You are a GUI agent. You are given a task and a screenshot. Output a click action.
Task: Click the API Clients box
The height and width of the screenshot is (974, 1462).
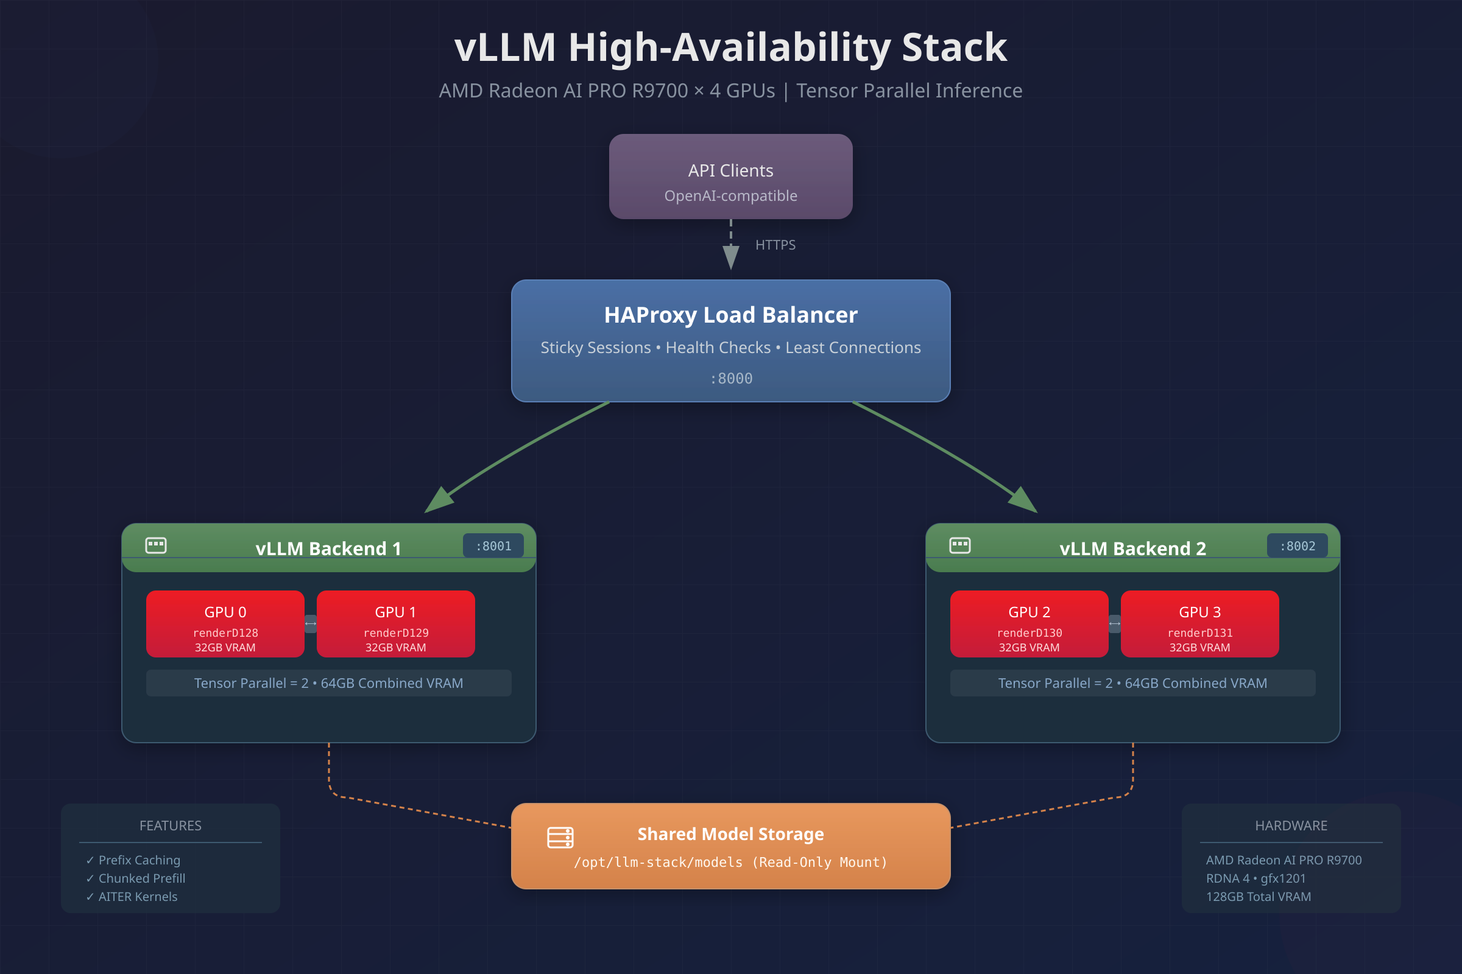coord(730,177)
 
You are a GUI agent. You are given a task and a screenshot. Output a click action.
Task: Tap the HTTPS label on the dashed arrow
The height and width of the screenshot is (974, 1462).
coord(775,245)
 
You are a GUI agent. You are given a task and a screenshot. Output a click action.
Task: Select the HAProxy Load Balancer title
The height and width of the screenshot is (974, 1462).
coord(730,315)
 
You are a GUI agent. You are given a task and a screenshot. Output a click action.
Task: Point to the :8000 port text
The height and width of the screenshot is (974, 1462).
coord(731,378)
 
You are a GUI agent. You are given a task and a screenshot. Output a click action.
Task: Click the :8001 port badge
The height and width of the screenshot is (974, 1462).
coord(493,546)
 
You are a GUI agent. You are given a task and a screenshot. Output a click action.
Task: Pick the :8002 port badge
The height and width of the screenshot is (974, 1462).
coord(1298,546)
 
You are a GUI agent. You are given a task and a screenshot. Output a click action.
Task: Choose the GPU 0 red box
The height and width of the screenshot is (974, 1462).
coord(225,623)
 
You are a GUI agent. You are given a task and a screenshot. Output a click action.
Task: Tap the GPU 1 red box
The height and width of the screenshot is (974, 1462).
coord(395,623)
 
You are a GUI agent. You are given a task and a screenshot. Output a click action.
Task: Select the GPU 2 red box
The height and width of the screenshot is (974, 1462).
coord(1029,623)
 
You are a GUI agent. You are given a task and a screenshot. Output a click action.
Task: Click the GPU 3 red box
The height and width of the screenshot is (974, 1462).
coord(1199,623)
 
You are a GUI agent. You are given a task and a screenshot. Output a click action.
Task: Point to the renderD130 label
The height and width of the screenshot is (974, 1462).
coord(1029,633)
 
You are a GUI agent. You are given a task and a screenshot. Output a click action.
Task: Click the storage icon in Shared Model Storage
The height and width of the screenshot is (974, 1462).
coord(560,838)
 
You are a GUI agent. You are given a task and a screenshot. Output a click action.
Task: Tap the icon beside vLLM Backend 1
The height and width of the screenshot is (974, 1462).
coord(156,545)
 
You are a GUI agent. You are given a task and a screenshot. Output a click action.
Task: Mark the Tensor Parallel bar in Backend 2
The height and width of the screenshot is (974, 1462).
coord(1132,683)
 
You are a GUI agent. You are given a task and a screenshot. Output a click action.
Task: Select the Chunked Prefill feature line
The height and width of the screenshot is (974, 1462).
coord(142,878)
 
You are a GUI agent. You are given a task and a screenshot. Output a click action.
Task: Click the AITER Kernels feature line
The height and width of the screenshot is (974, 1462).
coord(138,896)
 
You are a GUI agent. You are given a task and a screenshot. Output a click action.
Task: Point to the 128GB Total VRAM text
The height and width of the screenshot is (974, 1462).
coord(1258,896)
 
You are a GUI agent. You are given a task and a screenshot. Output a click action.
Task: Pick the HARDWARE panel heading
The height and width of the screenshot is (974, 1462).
coord(1291,825)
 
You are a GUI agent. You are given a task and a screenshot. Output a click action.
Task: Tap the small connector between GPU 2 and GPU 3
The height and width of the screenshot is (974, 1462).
coord(1115,623)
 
